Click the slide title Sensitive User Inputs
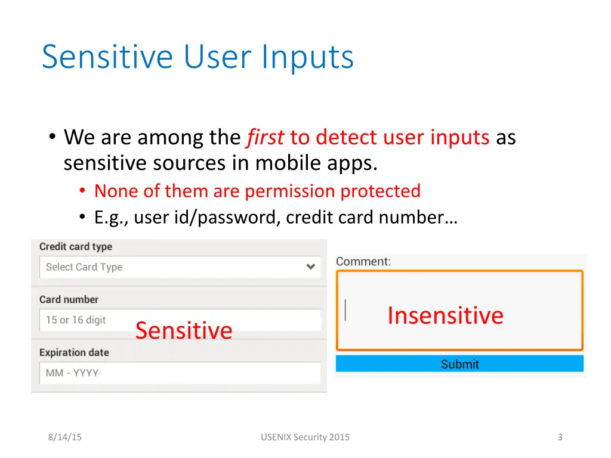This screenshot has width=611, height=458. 198,57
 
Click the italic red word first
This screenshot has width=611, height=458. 266,138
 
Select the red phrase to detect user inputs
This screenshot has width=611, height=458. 390,138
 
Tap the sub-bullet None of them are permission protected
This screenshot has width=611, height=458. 257,191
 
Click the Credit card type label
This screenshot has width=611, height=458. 76,247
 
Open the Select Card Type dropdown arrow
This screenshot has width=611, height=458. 310,267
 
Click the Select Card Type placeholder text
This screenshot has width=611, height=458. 84,267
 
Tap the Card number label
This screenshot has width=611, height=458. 69,299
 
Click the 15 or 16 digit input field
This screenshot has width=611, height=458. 179,320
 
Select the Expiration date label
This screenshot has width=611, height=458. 74,352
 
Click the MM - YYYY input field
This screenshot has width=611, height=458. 179,373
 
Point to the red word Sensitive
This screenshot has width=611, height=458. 184,330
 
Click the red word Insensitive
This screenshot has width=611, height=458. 445,315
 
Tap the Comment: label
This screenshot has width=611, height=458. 363,261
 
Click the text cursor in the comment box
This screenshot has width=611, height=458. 345,310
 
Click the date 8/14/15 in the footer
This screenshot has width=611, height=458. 65,437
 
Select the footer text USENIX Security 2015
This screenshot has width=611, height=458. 305,437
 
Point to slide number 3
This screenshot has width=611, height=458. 560,437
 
